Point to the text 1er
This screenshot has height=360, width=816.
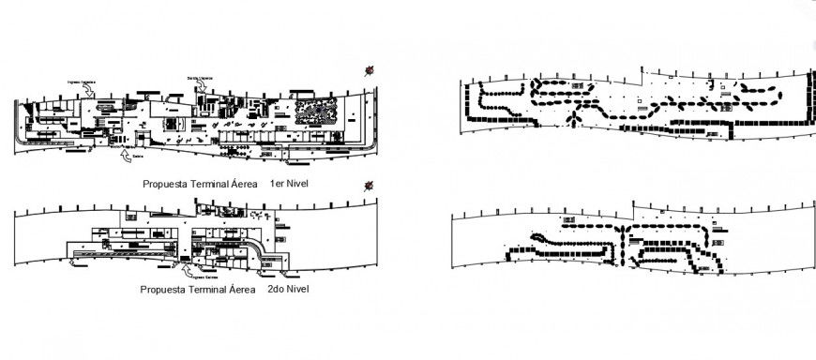point(277,185)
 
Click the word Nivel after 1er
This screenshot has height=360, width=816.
point(299,185)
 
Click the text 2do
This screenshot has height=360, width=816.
point(276,290)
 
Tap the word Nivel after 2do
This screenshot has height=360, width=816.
point(298,290)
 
